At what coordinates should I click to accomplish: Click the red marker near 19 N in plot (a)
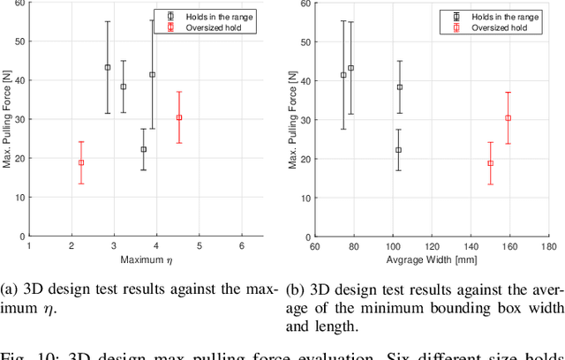coord(81,162)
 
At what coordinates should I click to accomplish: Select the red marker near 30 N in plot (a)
coord(179,117)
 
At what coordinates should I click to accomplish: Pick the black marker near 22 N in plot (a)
coord(144,149)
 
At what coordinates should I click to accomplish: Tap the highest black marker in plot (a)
coord(108,67)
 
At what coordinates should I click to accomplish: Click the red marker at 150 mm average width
coord(490,163)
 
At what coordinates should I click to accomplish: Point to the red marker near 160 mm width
coord(508,117)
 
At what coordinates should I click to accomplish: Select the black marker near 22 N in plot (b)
coord(399,150)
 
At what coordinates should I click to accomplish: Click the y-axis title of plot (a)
coord(8,119)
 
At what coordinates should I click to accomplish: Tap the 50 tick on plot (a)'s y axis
coord(20,41)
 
